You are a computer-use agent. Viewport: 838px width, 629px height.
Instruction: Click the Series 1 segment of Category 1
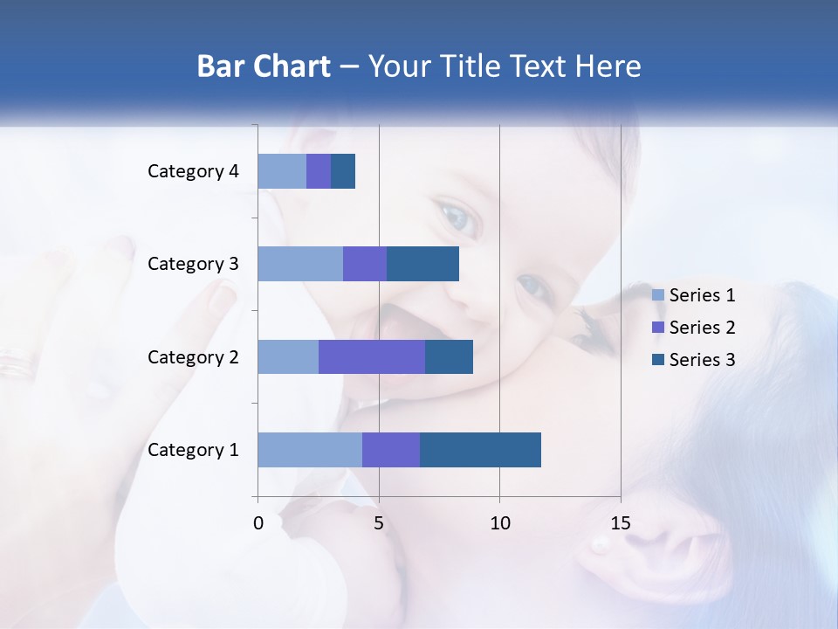tap(310, 450)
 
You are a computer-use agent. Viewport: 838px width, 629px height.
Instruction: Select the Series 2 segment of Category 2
tap(372, 356)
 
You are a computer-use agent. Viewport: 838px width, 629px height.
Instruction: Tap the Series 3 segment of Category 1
tap(480, 450)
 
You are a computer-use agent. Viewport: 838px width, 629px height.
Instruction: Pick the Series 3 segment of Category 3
tap(422, 264)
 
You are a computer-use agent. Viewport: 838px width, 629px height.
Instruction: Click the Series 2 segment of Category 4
tap(319, 171)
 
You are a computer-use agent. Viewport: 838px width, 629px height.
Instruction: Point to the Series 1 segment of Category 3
tap(300, 264)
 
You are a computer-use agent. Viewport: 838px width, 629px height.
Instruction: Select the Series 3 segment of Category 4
tap(343, 171)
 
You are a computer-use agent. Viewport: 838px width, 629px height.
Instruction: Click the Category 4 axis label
tap(193, 171)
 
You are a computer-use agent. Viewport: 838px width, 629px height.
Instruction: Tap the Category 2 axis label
tap(193, 356)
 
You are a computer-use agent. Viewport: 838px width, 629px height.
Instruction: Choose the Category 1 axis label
tap(193, 450)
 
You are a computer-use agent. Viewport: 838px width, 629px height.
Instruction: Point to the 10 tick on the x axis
tap(499, 523)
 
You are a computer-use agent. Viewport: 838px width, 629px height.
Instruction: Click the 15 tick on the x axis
tap(620, 523)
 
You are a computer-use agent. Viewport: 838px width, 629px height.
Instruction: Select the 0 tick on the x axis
tap(258, 523)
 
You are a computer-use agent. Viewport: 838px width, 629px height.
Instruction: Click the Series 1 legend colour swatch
tap(658, 295)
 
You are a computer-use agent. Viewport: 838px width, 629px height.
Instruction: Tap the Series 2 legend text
tap(702, 328)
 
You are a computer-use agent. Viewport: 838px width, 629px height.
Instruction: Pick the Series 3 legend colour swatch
tap(658, 360)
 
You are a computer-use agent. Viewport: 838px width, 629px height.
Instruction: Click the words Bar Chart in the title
tap(264, 66)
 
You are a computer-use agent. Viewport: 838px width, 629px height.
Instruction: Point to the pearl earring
tap(601, 545)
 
